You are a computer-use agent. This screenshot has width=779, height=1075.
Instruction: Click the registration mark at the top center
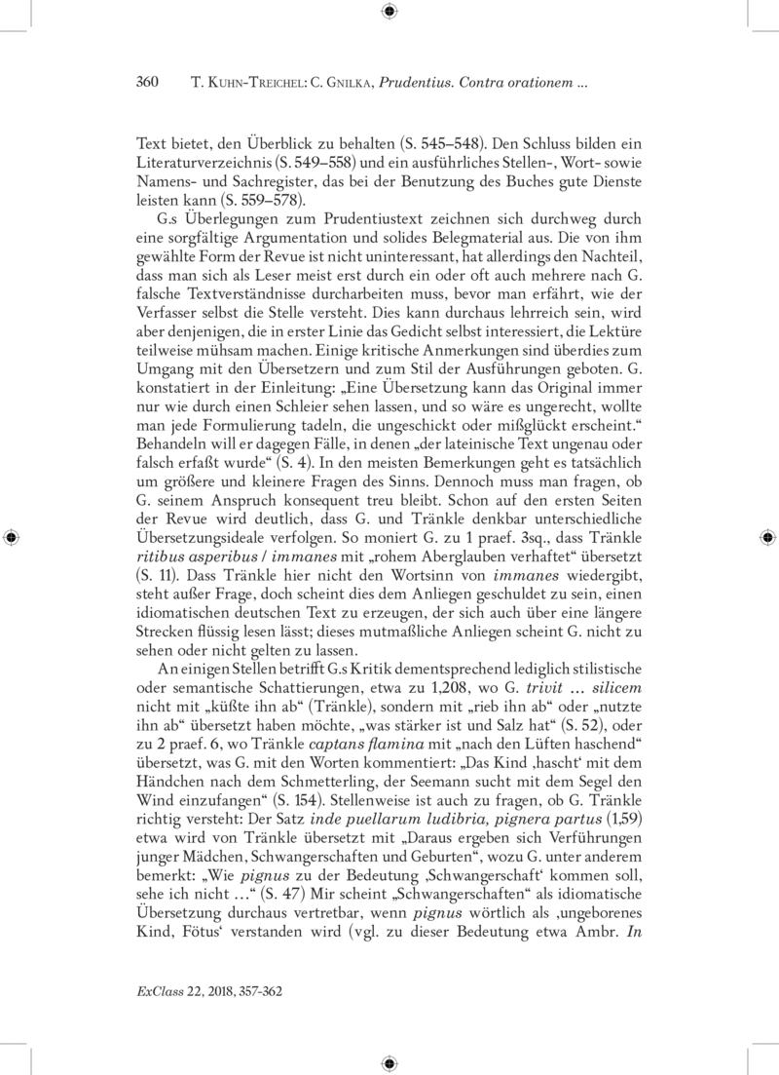389,12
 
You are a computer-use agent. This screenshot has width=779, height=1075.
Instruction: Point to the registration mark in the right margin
766,537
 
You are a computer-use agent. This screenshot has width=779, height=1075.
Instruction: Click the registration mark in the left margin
12,537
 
